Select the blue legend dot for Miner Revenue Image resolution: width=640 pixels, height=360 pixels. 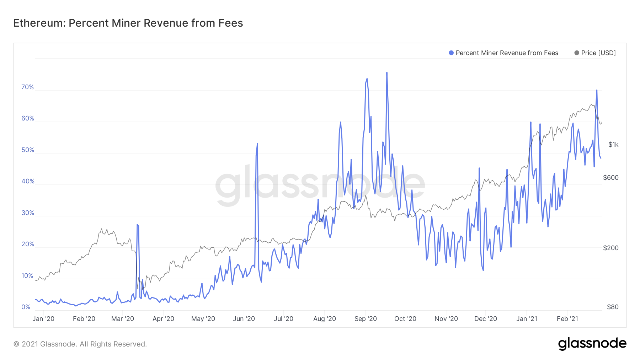(x=451, y=53)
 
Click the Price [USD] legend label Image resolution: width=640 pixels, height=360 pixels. (x=598, y=53)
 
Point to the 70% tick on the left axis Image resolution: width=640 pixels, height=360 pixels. (x=27, y=87)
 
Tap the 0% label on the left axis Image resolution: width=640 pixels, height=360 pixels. (x=26, y=307)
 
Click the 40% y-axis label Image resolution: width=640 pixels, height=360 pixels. (x=27, y=181)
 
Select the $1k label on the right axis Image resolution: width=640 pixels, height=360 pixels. (x=613, y=145)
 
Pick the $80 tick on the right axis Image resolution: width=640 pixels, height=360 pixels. (x=613, y=307)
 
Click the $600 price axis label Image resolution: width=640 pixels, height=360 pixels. (x=611, y=178)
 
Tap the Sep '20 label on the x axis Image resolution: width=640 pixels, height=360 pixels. (x=366, y=319)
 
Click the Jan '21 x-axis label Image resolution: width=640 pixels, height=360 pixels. (x=527, y=319)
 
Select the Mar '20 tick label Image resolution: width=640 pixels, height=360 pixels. (x=123, y=319)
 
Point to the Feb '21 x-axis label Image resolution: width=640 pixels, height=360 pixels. (x=567, y=319)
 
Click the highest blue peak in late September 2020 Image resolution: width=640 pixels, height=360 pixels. (x=387, y=73)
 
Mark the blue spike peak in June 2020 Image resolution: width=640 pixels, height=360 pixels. (x=257, y=144)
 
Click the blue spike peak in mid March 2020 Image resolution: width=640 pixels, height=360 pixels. (x=137, y=225)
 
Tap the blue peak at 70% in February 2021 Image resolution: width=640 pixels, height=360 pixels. (x=597, y=90)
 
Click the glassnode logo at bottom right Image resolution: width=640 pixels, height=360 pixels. (x=592, y=344)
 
